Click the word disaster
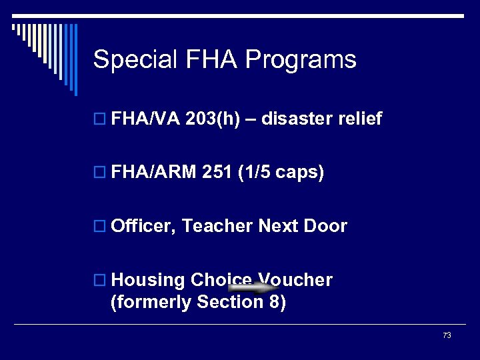click(x=297, y=119)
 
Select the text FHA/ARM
click(x=154, y=173)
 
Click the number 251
click(x=216, y=173)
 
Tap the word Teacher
click(x=217, y=226)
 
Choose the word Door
click(x=325, y=226)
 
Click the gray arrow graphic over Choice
click(x=251, y=287)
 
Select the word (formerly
click(x=151, y=302)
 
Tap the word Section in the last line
click(x=228, y=302)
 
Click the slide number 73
click(x=447, y=335)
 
